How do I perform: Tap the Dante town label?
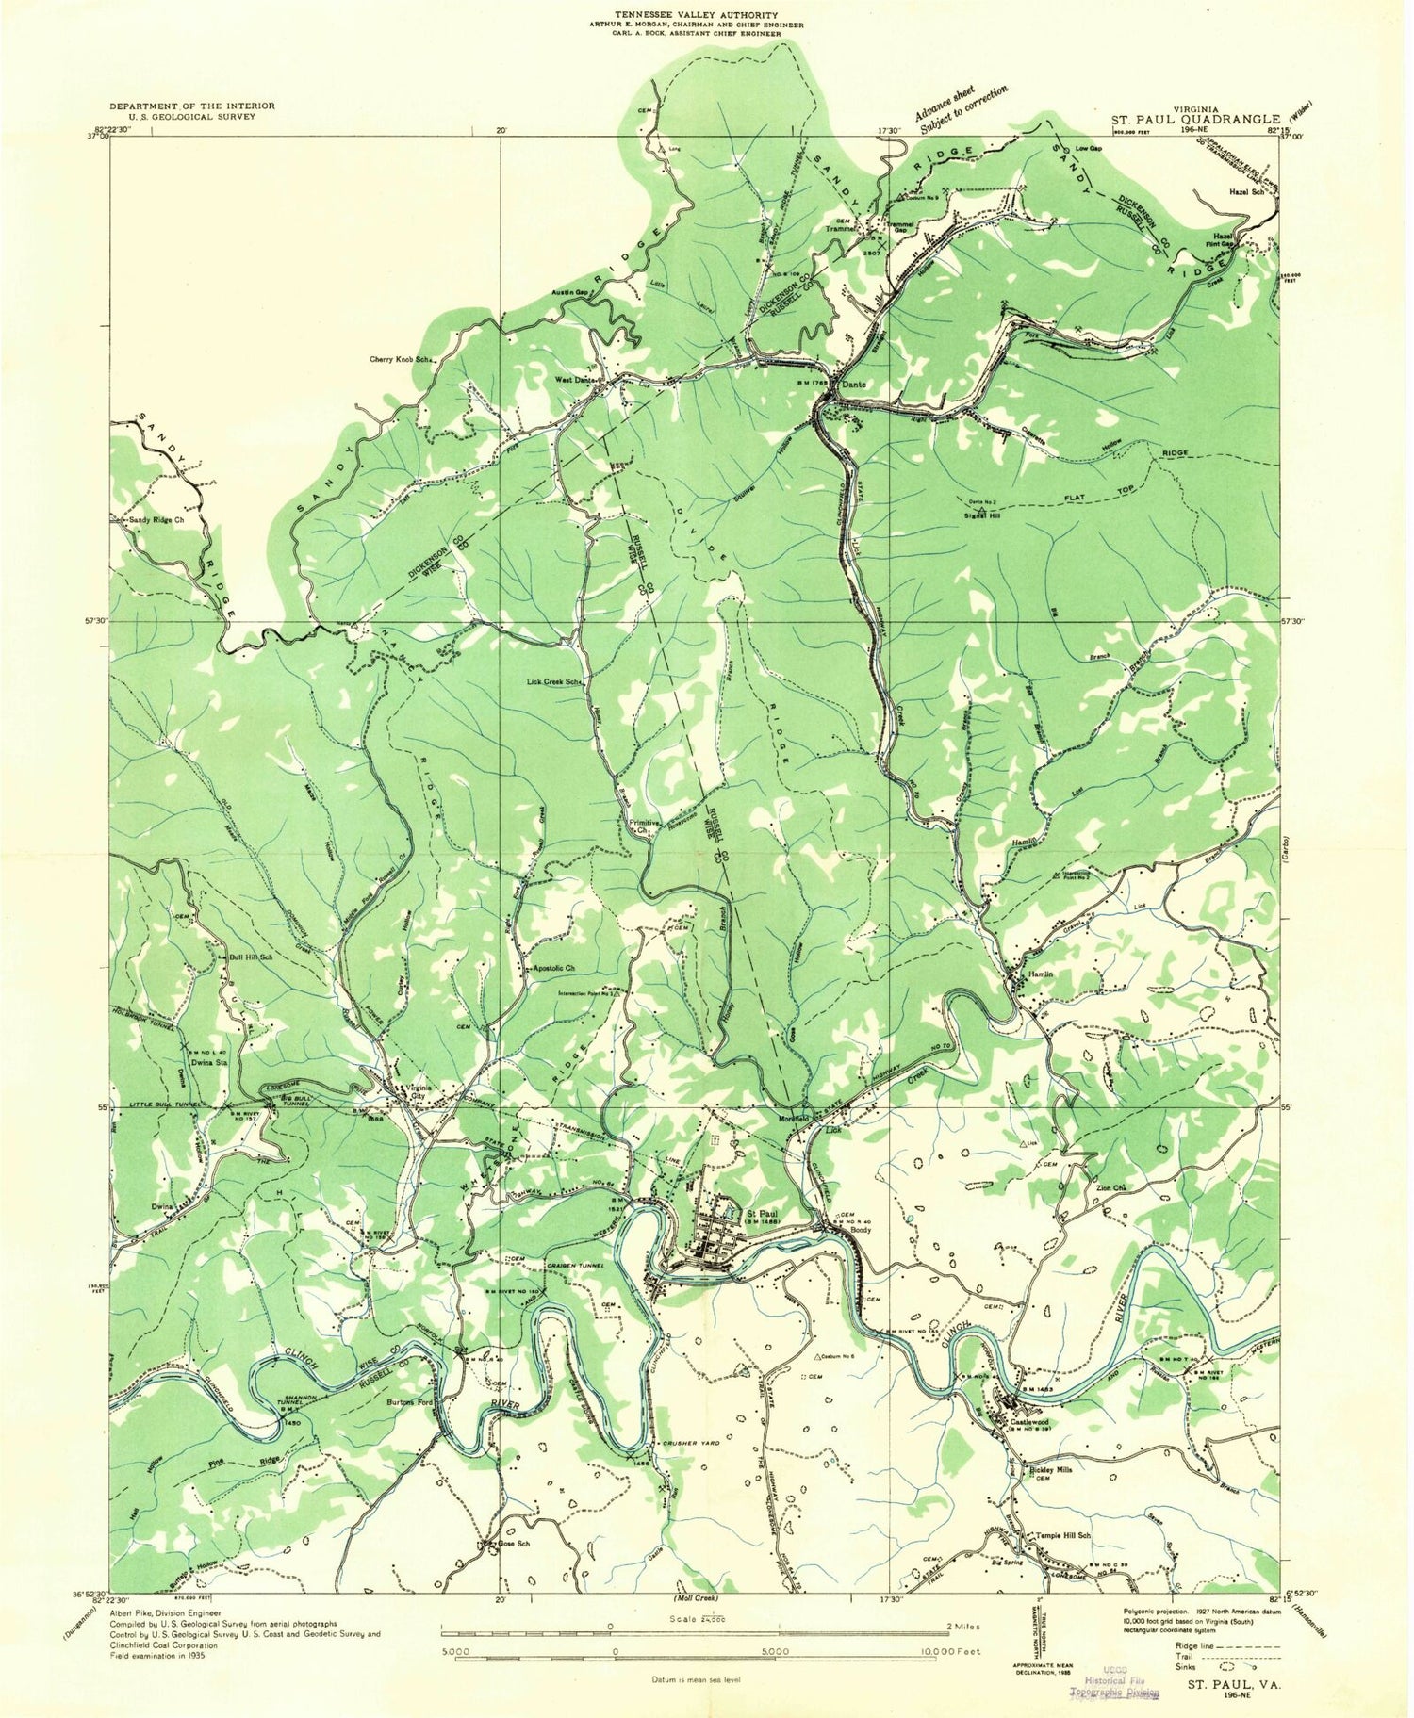pyautogui.click(x=853, y=385)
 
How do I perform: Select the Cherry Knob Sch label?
pyautogui.click(x=404, y=359)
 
